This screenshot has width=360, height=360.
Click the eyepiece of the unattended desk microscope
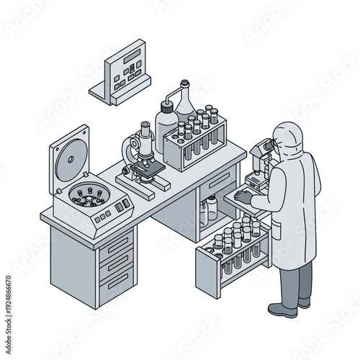[145, 127]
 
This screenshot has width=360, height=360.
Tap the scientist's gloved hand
[243, 194]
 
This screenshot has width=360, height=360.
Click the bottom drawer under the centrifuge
[117, 279]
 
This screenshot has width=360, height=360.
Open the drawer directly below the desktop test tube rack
[219, 180]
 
